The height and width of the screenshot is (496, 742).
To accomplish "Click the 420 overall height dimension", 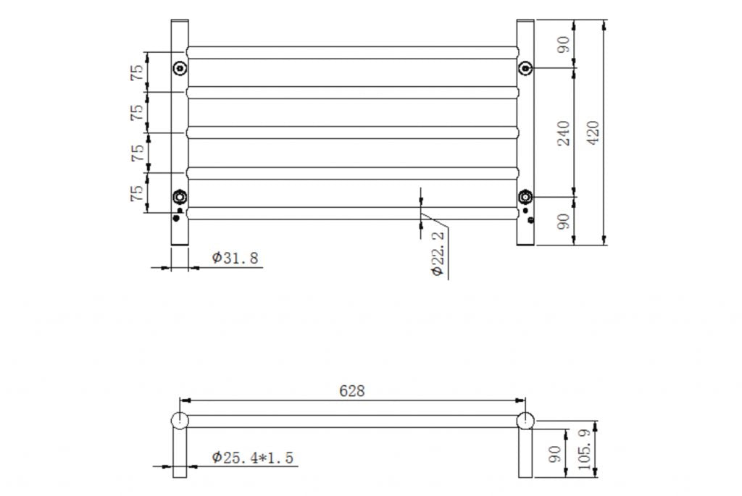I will (x=592, y=133).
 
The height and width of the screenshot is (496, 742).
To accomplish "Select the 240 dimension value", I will (x=564, y=133).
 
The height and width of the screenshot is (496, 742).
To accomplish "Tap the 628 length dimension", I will (x=352, y=391).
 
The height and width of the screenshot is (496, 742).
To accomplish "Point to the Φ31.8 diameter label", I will (x=235, y=258).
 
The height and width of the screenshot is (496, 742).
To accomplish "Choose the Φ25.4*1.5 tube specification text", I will (x=253, y=457).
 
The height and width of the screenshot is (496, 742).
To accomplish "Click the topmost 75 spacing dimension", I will (x=136, y=72).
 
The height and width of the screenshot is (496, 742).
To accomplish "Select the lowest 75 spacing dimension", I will (x=136, y=193).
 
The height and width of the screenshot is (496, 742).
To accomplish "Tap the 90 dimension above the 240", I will (x=564, y=44).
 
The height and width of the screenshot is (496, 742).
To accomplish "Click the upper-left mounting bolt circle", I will (x=180, y=69).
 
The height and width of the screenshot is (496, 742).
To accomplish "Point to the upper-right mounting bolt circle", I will (x=525, y=68).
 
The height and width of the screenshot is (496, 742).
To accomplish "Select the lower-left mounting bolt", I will (x=180, y=197).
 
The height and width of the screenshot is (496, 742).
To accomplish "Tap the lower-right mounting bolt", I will (x=525, y=197).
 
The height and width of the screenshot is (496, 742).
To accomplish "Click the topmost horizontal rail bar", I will (x=352, y=52).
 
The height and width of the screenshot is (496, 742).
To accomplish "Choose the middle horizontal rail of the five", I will (x=352, y=133).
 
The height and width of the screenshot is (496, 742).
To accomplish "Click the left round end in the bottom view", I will (x=180, y=420).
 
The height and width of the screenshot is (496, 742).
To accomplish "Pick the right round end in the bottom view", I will (x=525, y=420).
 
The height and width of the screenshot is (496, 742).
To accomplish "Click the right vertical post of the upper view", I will (x=525, y=133).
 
